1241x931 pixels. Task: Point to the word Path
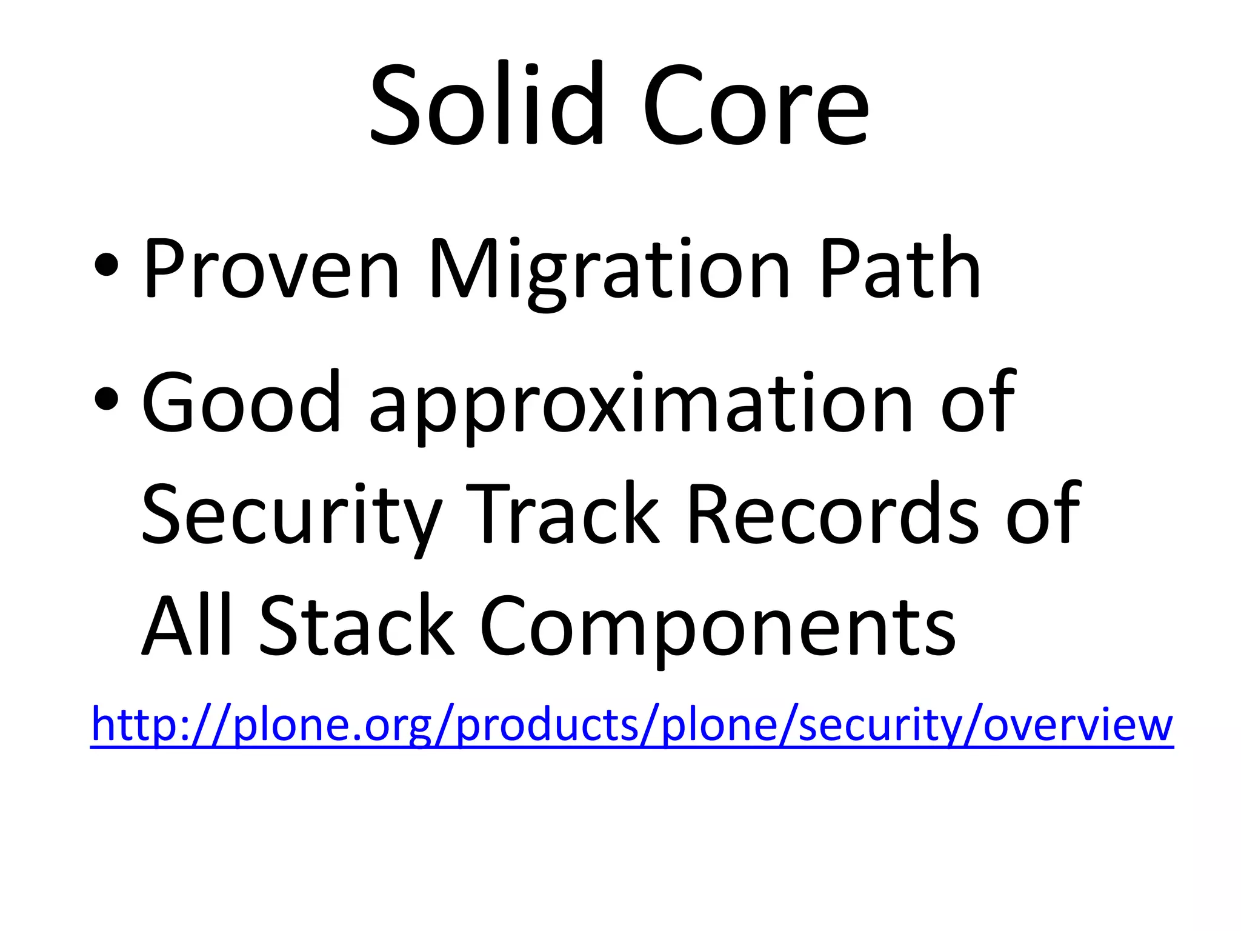click(899, 268)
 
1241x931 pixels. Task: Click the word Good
click(241, 402)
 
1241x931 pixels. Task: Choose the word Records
click(832, 513)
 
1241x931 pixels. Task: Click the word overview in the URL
click(1078, 726)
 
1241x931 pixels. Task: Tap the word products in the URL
click(547, 726)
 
